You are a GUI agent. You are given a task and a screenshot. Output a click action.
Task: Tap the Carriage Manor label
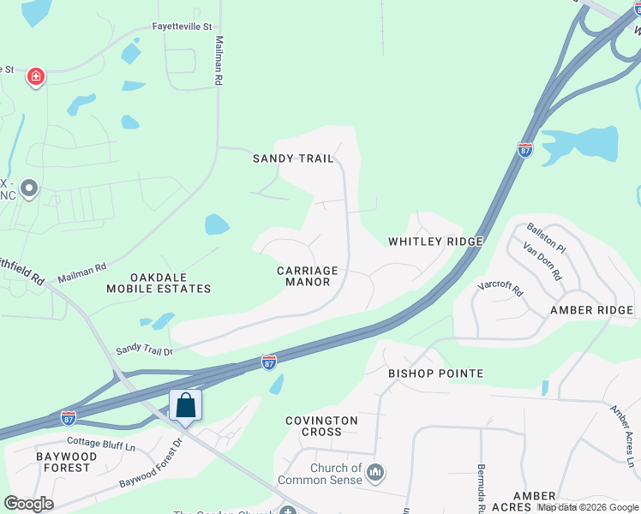pyautogui.click(x=308, y=276)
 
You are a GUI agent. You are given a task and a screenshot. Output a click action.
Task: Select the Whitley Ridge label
pyautogui.click(x=435, y=242)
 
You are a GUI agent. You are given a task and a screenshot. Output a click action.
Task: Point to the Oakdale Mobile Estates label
pyautogui.click(x=159, y=284)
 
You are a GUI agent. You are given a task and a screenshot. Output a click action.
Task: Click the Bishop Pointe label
pyautogui.click(x=435, y=374)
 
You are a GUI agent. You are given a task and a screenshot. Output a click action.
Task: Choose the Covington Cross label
pyautogui.click(x=321, y=426)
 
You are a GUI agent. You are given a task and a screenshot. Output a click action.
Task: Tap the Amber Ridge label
pyautogui.click(x=591, y=310)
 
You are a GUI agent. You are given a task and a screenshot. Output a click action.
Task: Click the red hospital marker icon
pyautogui.click(x=36, y=78)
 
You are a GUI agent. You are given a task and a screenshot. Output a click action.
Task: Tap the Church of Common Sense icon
pyautogui.click(x=374, y=472)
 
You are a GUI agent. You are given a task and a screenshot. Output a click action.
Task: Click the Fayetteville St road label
pyautogui.click(x=182, y=27)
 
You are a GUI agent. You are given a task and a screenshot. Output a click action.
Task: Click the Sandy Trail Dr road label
pyautogui.click(x=144, y=350)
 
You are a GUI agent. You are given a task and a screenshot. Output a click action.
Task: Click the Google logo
pyautogui.click(x=28, y=504)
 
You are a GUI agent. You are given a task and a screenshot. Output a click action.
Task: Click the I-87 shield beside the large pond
pyautogui.click(x=525, y=149)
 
